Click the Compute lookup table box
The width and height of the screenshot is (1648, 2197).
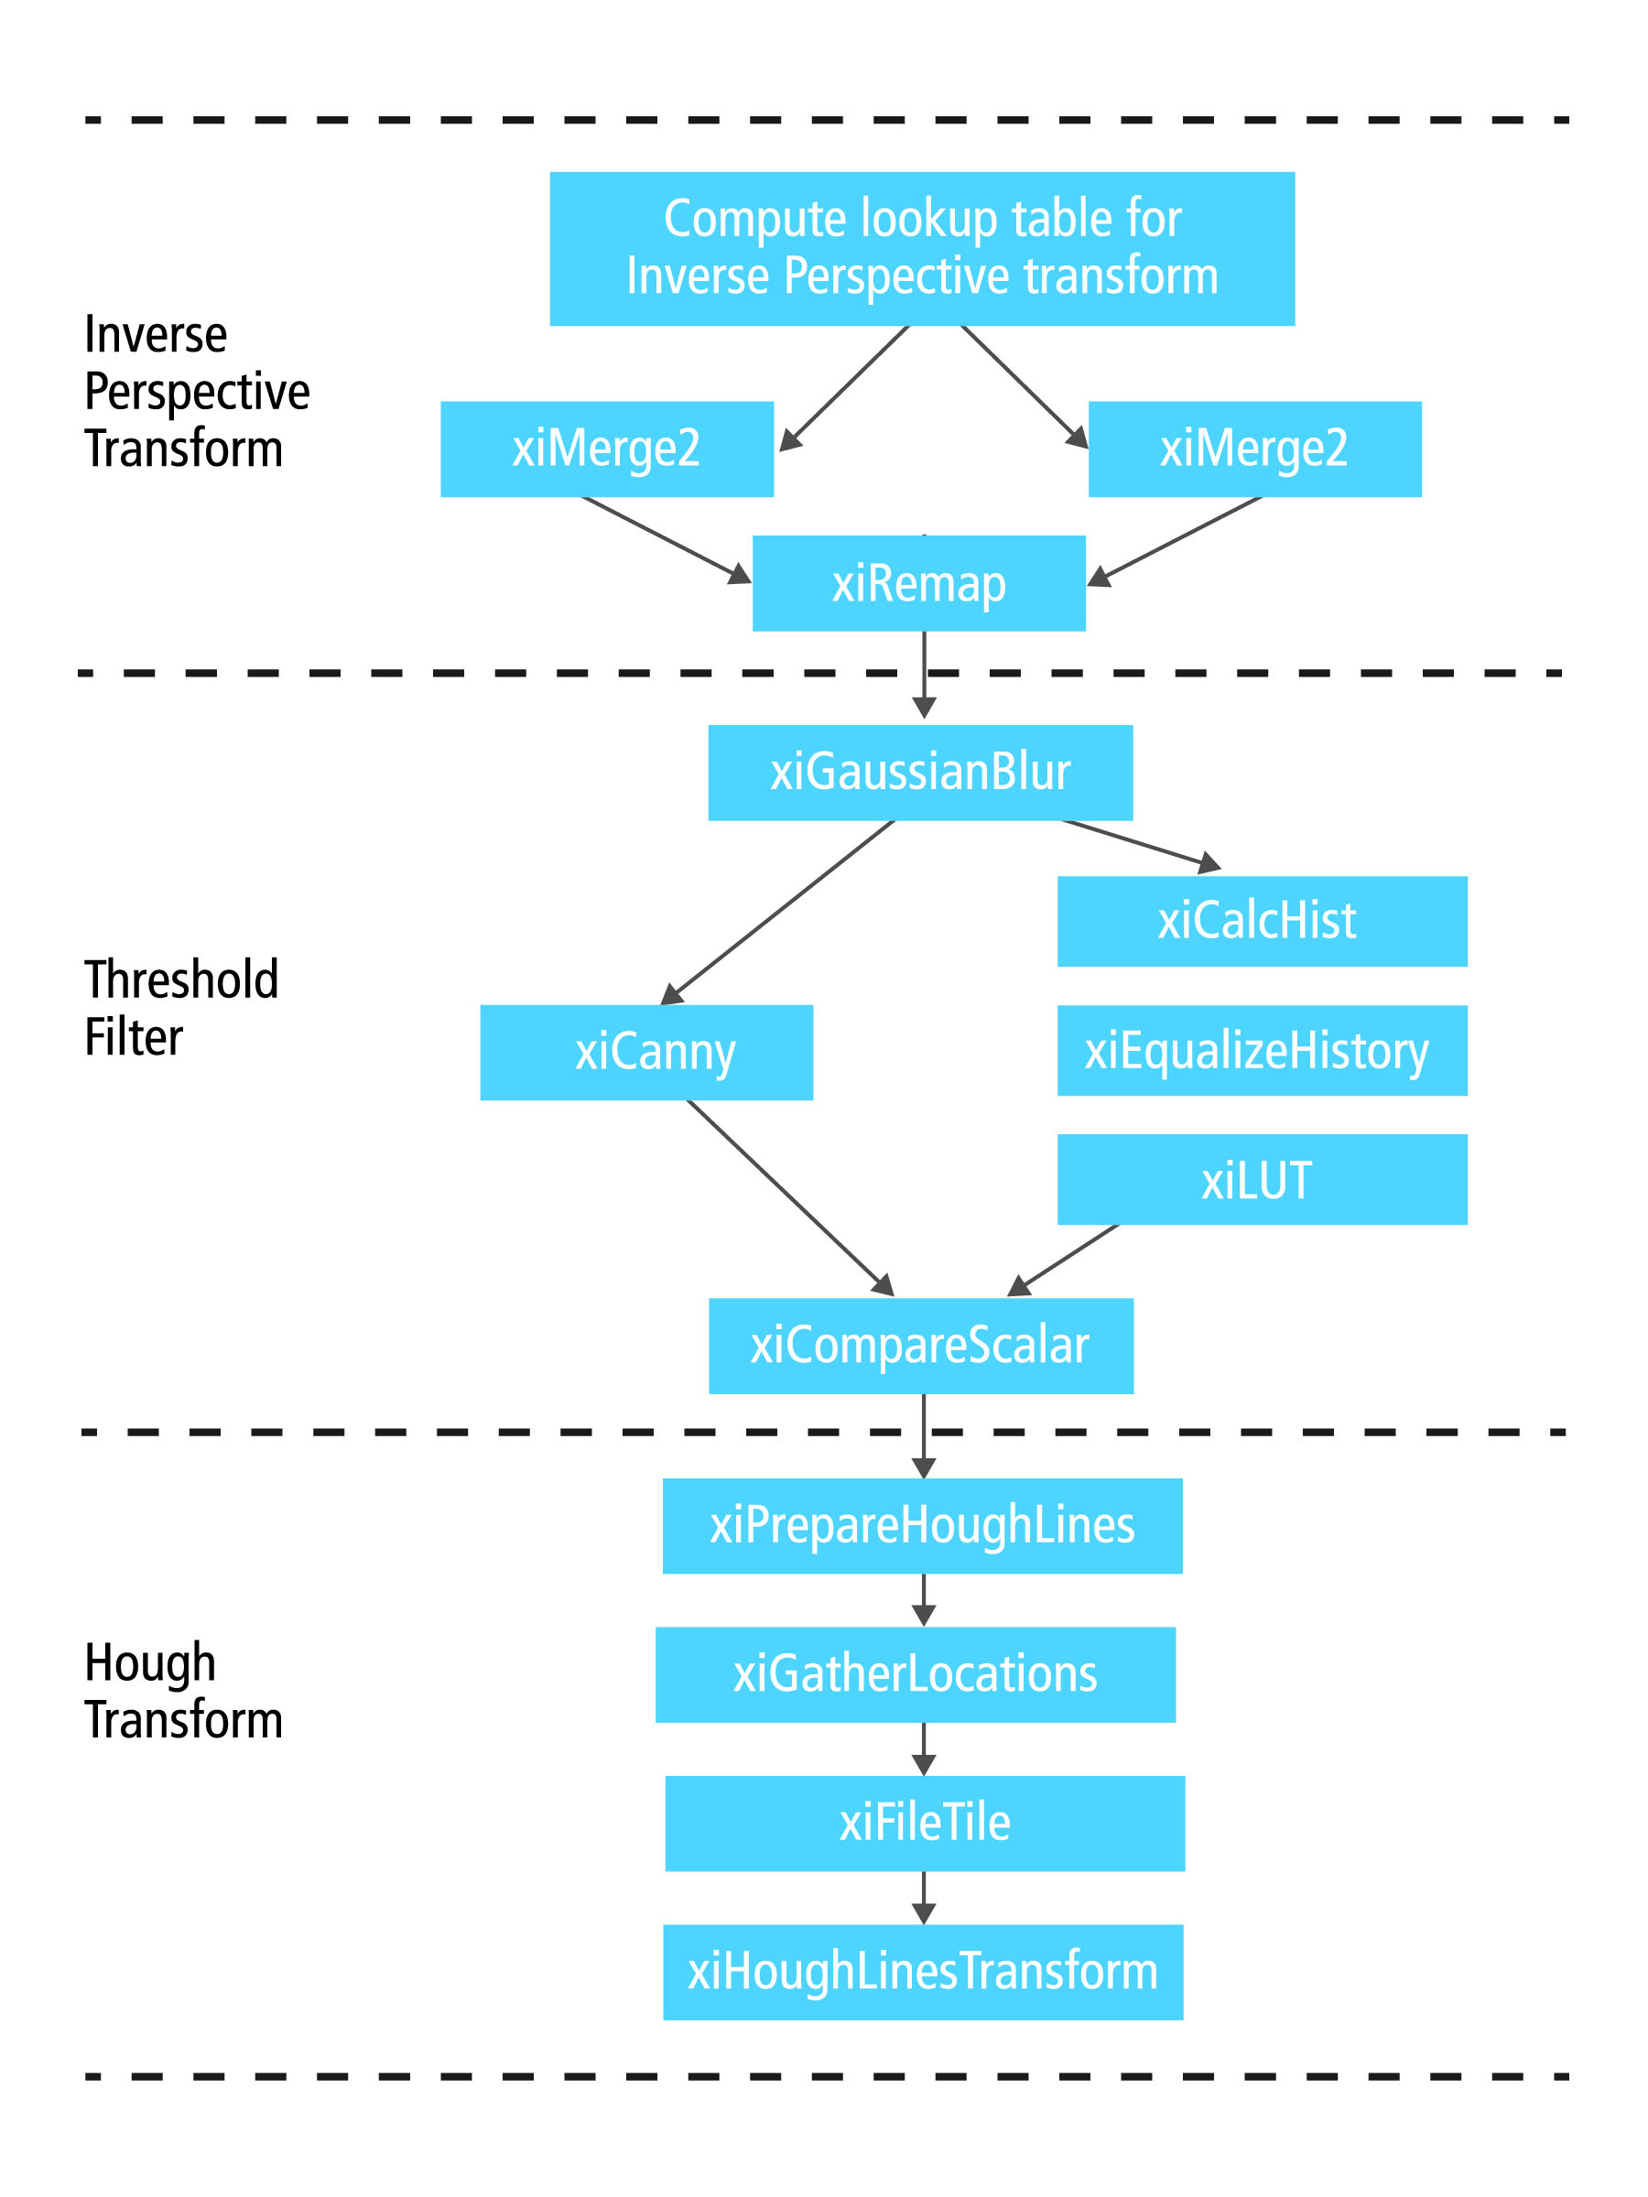[x=922, y=248]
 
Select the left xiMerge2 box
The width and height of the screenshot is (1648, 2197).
[x=606, y=449]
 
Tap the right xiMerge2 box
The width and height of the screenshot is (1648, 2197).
[x=1254, y=449]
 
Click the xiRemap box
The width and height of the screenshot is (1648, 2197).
[x=919, y=583]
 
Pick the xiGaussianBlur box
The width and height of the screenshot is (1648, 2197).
[x=920, y=773]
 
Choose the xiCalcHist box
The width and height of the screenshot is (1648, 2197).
[x=1262, y=921]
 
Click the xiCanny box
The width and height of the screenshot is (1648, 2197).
[x=645, y=1052]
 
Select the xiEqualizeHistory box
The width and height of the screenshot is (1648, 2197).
[x=1262, y=1050]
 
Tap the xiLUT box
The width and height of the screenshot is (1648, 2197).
[x=1262, y=1179]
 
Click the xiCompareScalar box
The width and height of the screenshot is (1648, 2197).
[x=921, y=1346]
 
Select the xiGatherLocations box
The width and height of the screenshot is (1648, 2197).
[x=915, y=1674]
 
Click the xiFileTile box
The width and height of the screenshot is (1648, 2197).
[x=925, y=1824]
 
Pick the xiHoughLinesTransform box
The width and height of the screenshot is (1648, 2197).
[x=923, y=1973]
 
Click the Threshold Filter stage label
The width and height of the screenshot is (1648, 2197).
[x=180, y=1007]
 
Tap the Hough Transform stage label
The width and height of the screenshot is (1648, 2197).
[x=183, y=1691]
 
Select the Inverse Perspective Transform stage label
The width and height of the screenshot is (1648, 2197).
[x=197, y=390]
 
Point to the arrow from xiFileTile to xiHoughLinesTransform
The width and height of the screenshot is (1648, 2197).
[x=924, y=1896]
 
